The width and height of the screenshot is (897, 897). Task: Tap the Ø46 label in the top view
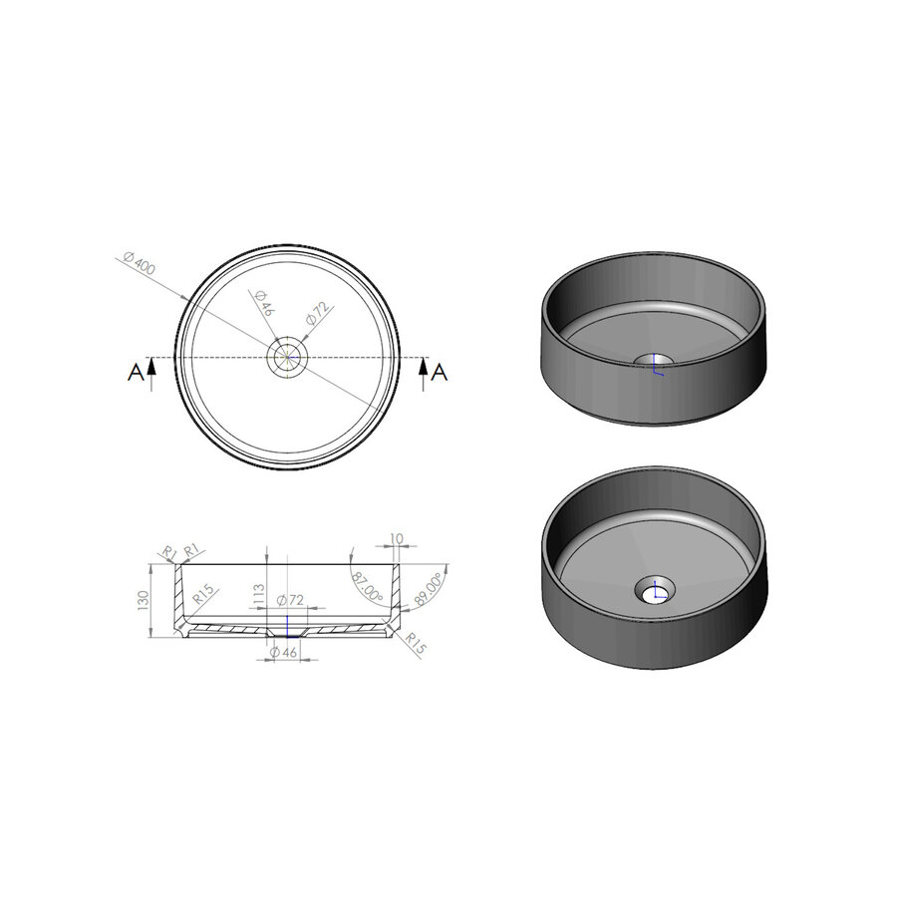264,302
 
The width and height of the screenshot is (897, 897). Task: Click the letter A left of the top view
135,372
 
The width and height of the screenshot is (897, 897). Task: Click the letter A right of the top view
440,372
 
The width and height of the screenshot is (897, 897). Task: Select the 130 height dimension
144,600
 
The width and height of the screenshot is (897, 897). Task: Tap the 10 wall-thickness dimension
396,540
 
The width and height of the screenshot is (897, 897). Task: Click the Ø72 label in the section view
289,600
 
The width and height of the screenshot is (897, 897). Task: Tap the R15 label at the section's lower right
415,644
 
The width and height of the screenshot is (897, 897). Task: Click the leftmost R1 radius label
168,550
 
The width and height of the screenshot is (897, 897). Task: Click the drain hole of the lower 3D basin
655,592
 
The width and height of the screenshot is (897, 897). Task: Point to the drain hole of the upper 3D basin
655,361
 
